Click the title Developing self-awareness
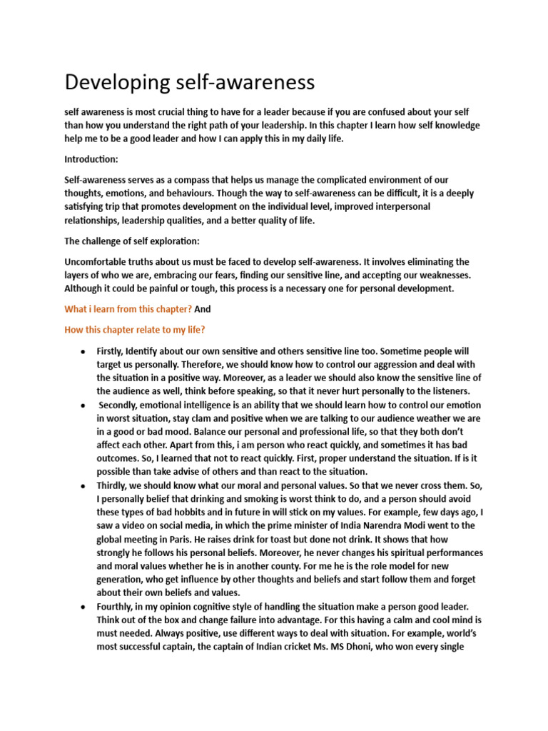point(189,83)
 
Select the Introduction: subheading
point(93,161)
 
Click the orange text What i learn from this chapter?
point(128,309)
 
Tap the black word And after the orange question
point(203,309)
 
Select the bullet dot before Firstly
point(84,353)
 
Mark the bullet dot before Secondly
point(84,405)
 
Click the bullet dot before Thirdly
point(84,486)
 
